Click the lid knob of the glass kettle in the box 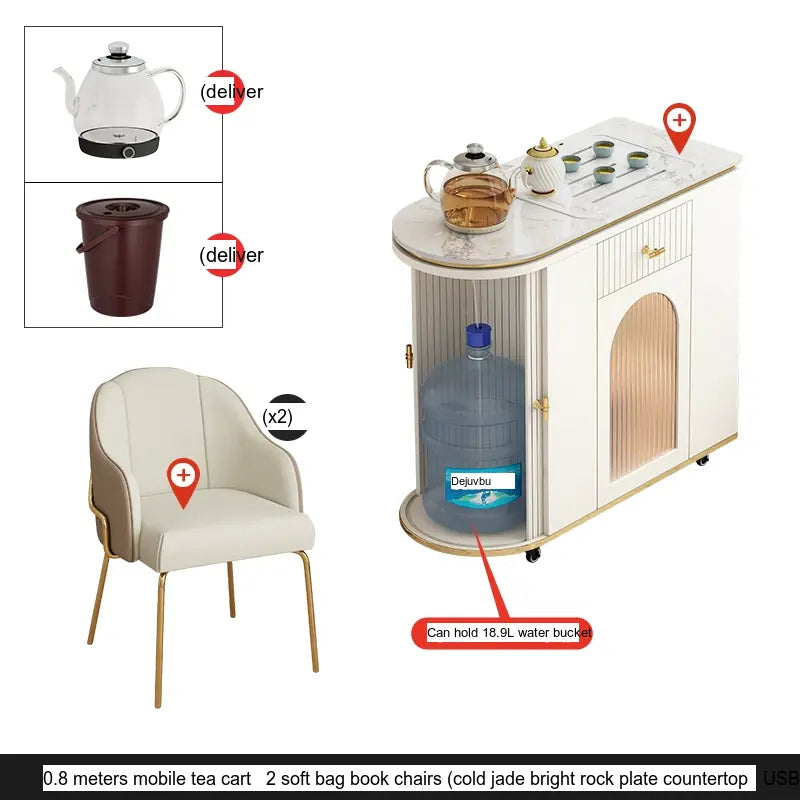(x=118, y=48)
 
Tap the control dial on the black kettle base (x=129, y=152)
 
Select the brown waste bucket (x=122, y=257)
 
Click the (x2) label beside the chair (x=278, y=417)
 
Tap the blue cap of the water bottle (x=479, y=334)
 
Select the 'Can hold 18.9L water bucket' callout (x=502, y=633)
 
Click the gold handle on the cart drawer (x=653, y=251)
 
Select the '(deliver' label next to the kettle (x=232, y=92)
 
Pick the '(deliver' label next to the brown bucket (x=232, y=255)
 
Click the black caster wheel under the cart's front (x=533, y=555)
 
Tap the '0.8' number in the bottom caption (x=56, y=779)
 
